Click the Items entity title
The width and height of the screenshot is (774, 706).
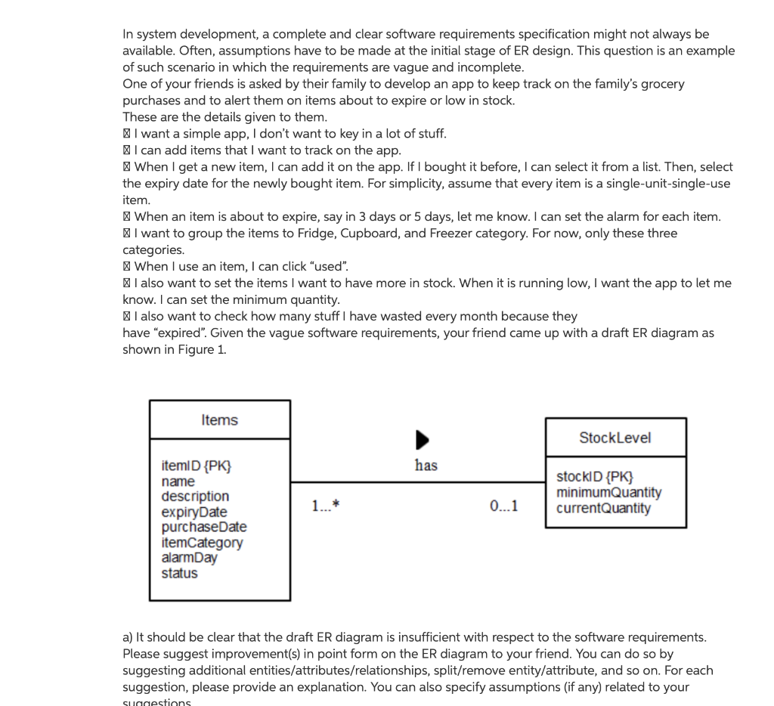point(219,420)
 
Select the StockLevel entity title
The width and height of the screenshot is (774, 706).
point(615,438)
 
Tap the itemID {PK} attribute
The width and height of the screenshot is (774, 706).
point(196,466)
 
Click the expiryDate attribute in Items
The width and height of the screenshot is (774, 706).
point(193,512)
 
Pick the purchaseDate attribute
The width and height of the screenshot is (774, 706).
point(203,528)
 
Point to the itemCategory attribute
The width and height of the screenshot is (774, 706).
point(202,543)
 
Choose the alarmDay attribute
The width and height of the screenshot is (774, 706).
point(189,558)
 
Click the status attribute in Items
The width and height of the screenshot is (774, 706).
point(179,573)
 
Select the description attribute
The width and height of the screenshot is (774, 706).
point(195,497)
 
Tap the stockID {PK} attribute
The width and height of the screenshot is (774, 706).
point(594,477)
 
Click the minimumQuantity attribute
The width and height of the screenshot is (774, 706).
point(608,492)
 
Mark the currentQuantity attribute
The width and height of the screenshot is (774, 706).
point(603,508)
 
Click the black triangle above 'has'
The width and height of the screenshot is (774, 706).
point(423,440)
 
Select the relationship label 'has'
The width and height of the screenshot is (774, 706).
point(426,466)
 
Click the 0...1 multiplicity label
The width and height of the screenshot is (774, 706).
point(503,506)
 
